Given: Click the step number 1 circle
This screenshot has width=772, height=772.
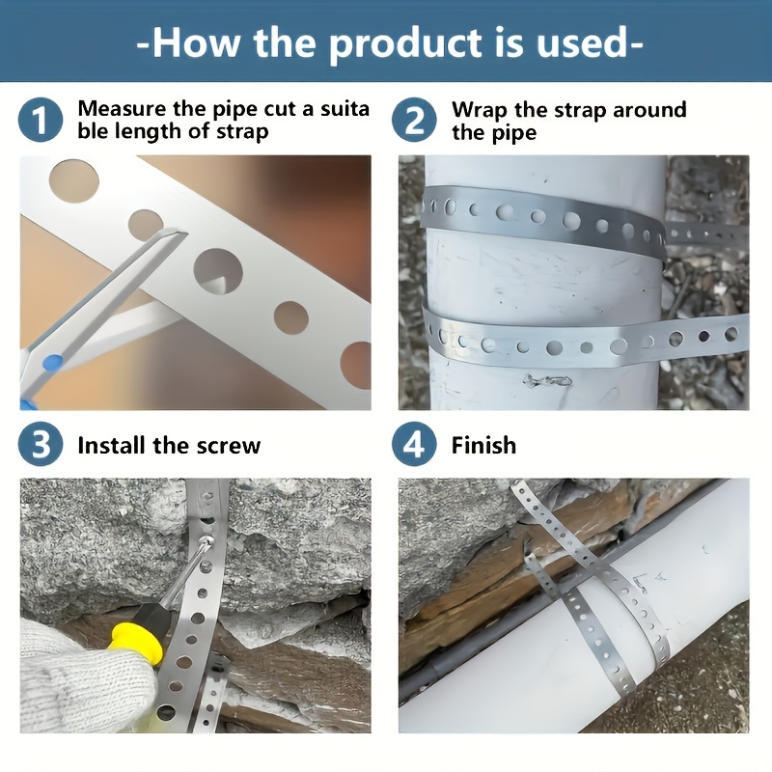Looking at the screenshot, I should [x=40, y=121].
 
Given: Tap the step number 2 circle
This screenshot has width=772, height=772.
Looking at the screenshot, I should [x=414, y=121].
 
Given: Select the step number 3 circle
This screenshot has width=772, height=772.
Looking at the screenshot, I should [x=40, y=445].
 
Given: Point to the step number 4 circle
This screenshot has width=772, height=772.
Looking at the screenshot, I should [x=414, y=445].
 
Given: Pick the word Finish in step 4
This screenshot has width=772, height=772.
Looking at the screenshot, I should [x=483, y=446].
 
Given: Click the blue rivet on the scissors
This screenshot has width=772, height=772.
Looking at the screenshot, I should [x=53, y=362].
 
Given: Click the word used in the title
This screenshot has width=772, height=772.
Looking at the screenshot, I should [x=585, y=43].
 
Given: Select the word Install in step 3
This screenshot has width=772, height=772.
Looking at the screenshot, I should [x=111, y=446].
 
